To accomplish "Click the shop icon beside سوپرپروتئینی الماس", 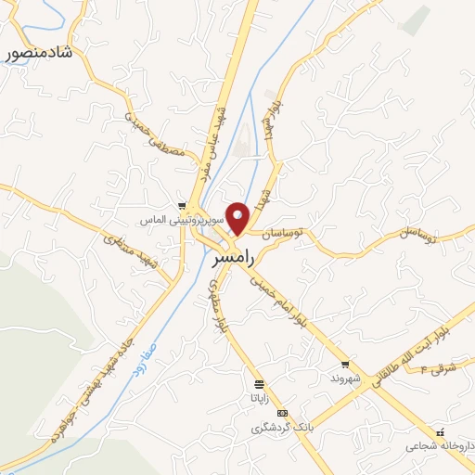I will point(183,207).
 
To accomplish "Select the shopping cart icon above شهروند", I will point(345,365).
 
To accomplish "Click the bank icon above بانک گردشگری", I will point(282,414).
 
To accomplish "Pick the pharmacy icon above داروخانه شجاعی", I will point(440,431).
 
